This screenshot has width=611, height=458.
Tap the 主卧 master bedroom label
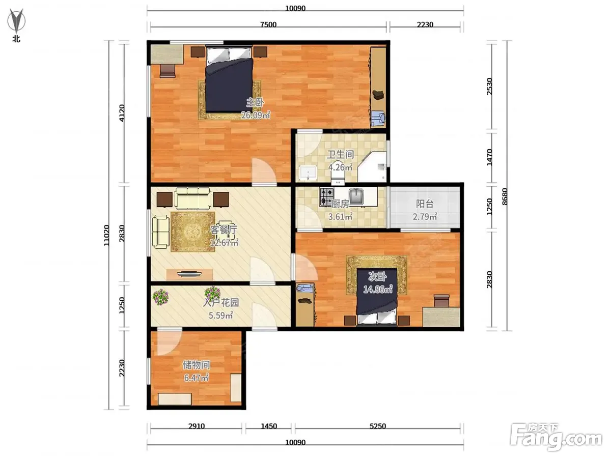tap(255, 103)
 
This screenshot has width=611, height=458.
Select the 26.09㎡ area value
tap(256, 115)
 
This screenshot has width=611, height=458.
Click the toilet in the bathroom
tap(338, 173)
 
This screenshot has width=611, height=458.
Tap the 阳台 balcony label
tap(425, 204)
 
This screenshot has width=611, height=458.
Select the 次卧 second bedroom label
tap(377, 276)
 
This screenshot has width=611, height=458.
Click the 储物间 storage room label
tap(196, 365)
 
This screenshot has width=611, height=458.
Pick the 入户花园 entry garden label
tap(221, 302)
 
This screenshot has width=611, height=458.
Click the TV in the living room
tap(189, 274)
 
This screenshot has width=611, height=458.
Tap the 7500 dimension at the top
tap(268, 24)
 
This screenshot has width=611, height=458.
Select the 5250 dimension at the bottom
tap(378, 426)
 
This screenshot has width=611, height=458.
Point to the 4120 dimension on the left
tap(122, 113)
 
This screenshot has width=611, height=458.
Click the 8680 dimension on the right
tap(505, 196)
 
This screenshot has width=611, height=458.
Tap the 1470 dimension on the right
tap(489, 157)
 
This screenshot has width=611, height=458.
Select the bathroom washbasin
tap(308, 173)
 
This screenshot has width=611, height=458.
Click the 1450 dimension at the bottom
tap(269, 426)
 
